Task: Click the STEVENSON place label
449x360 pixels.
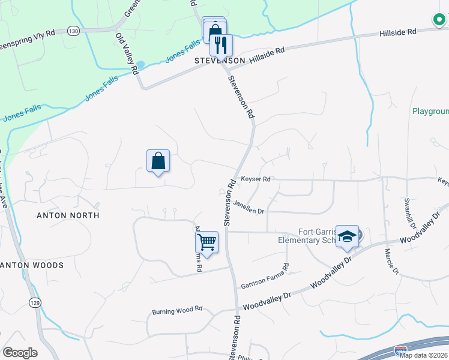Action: [x=220, y=61]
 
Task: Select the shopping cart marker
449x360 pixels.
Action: [x=206, y=242]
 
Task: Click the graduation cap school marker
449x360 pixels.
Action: [x=348, y=236]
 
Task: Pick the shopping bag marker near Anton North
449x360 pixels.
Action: [x=158, y=161]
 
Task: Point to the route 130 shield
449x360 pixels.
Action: [x=73, y=31]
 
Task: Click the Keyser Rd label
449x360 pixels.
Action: [x=256, y=179]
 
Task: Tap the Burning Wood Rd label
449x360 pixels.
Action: [x=177, y=311]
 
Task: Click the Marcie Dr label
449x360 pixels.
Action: [x=391, y=262]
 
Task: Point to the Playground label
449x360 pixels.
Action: [x=430, y=112]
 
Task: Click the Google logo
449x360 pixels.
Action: [x=20, y=353]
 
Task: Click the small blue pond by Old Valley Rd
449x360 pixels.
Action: [x=140, y=64]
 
